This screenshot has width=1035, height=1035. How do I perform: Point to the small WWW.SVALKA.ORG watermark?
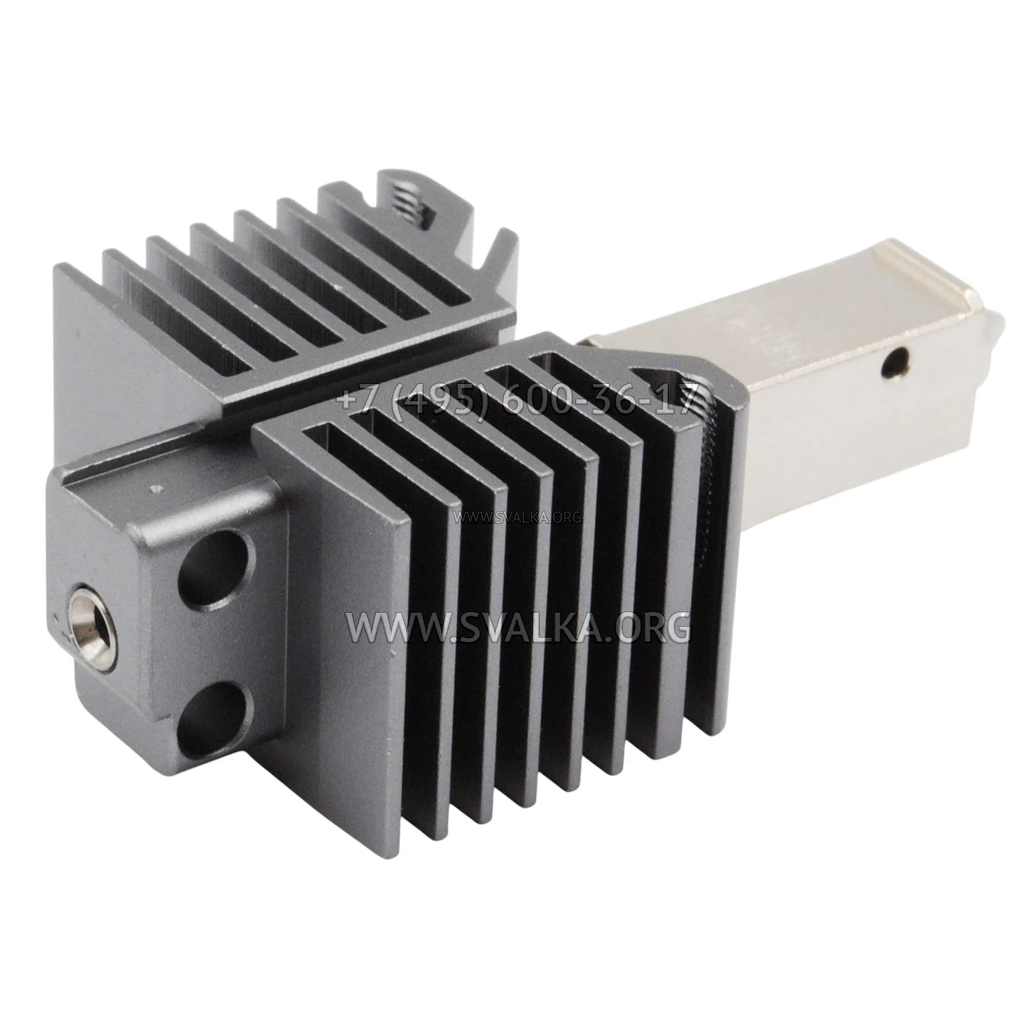pos(517,517)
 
